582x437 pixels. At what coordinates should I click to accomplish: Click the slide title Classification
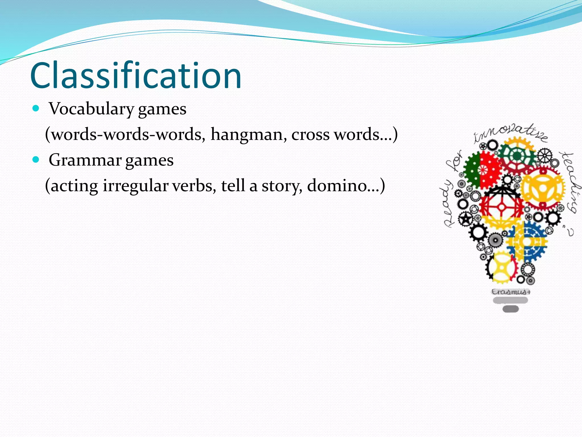136,76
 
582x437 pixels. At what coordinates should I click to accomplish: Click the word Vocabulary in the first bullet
91,109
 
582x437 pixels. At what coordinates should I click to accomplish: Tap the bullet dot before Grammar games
36,160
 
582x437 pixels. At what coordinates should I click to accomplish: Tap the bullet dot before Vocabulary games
36,108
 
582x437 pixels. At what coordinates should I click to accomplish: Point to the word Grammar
85,160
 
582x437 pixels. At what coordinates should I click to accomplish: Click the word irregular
136,186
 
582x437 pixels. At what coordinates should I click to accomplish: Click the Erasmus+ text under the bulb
511,292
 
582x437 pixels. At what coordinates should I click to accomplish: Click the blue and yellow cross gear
527,242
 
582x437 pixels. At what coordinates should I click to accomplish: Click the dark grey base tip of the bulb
511,309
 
